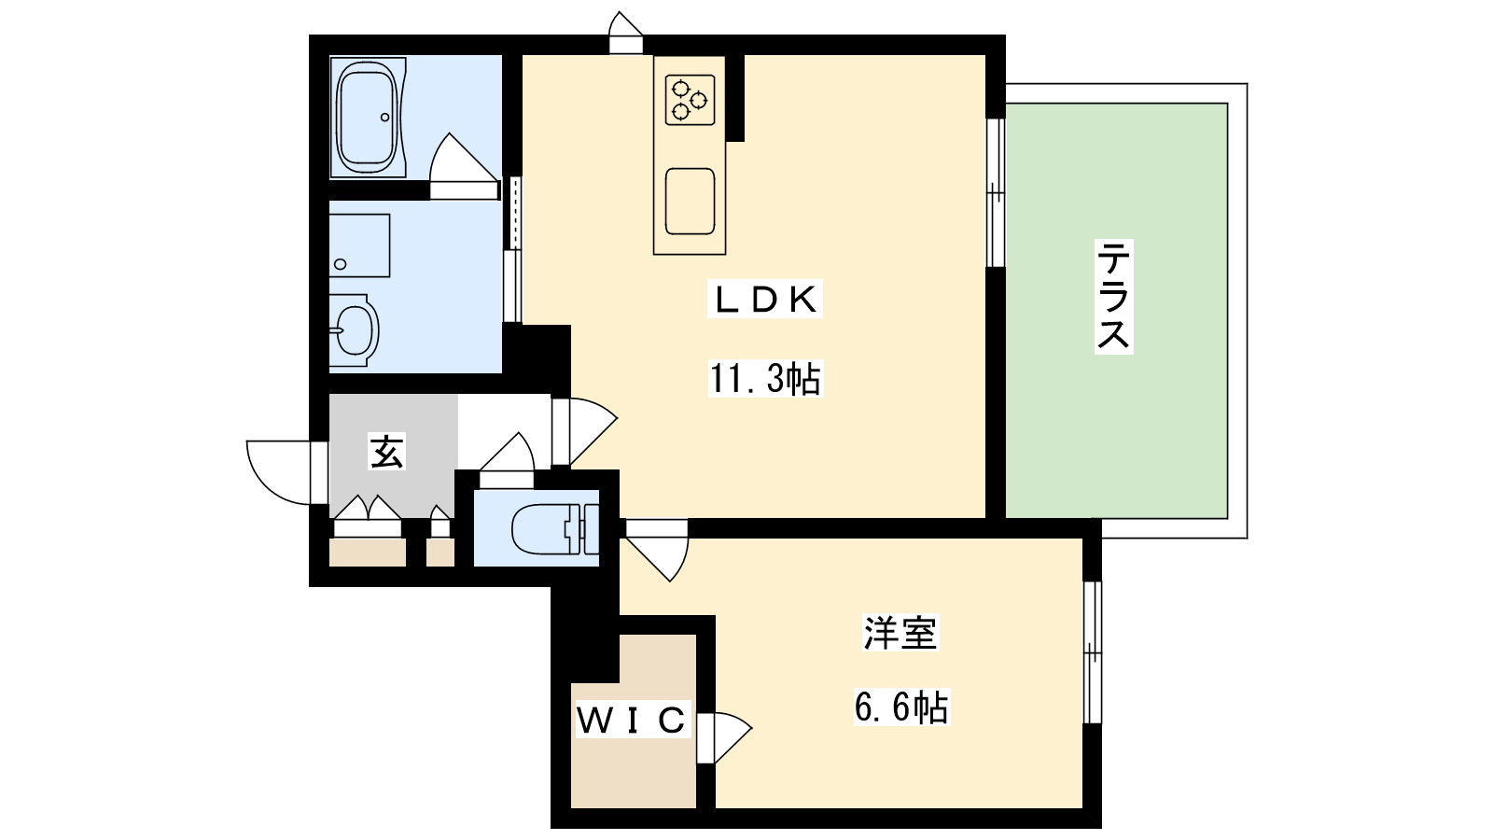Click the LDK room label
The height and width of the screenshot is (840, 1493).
(x=764, y=300)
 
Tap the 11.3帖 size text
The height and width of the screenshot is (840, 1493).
(x=765, y=379)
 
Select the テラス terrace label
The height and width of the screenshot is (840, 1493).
(x=1114, y=297)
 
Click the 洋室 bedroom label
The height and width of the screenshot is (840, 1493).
(x=900, y=633)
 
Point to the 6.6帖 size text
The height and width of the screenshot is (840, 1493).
(x=901, y=707)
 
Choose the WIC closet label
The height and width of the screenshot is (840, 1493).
(x=631, y=720)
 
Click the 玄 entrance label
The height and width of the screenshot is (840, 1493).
(x=386, y=452)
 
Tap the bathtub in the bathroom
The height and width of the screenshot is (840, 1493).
(x=368, y=118)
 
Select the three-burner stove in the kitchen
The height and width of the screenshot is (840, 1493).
(x=690, y=100)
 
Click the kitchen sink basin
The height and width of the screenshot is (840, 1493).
(x=690, y=202)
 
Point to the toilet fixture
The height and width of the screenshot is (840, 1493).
(x=555, y=529)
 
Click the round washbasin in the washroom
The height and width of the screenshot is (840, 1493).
(x=354, y=330)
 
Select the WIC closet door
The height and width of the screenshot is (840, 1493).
(x=724, y=737)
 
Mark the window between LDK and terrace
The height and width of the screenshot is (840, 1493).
(x=995, y=192)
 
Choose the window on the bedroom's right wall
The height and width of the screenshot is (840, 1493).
(x=1092, y=652)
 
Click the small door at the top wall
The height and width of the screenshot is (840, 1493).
(x=626, y=32)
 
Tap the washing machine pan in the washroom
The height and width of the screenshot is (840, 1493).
(x=359, y=245)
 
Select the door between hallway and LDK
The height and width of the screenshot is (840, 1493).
(x=584, y=431)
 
